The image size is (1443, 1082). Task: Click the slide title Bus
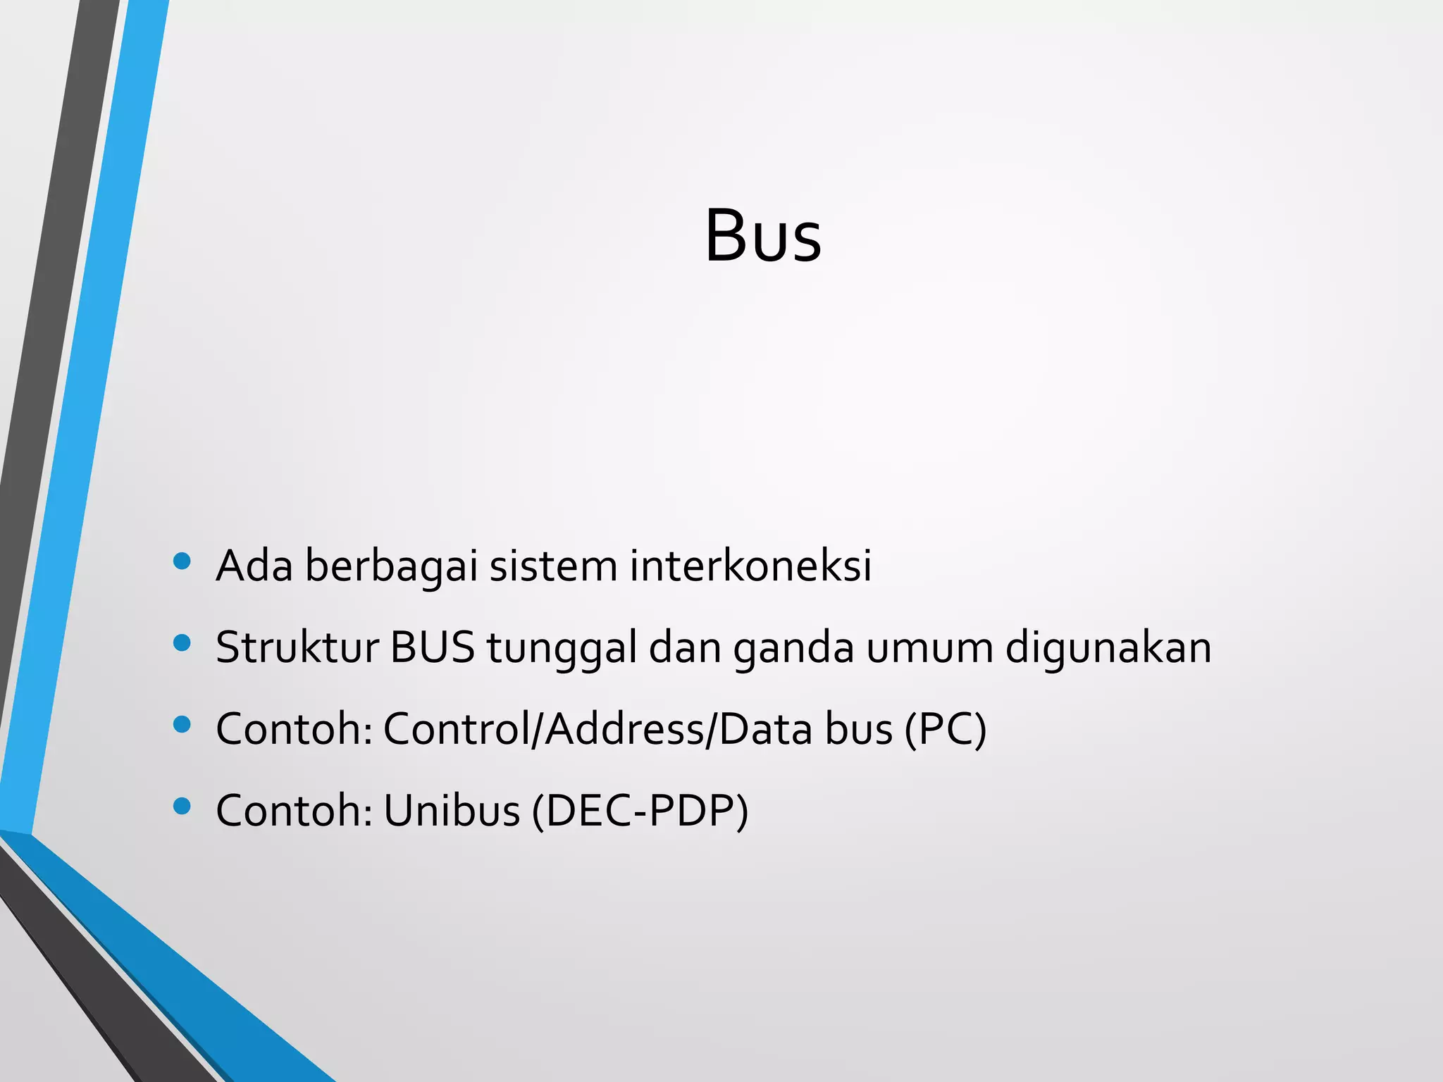click(763, 235)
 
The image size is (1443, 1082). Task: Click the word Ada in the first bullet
click(254, 566)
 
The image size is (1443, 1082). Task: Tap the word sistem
click(553, 566)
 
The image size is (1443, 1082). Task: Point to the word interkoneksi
click(750, 566)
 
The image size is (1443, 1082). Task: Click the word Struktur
click(297, 647)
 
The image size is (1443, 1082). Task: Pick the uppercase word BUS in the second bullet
click(432, 647)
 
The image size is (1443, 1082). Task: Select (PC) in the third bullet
click(945, 730)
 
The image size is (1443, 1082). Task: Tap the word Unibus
click(452, 810)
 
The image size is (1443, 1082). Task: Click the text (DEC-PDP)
click(640, 811)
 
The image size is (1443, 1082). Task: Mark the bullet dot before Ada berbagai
click(182, 561)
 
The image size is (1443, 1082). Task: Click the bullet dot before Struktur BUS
click(182, 643)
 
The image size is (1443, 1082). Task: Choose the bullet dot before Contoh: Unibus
click(182, 806)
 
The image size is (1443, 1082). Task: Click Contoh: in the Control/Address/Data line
click(294, 729)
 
